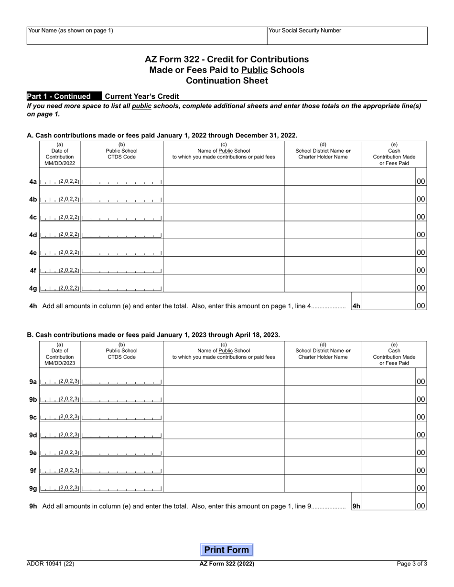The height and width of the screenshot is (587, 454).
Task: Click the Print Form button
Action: [227, 550]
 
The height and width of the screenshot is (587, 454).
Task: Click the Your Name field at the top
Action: [147, 36]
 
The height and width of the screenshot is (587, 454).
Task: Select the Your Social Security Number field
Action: [347, 36]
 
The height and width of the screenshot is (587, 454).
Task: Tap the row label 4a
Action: [33, 182]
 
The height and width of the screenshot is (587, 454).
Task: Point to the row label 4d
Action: [33, 235]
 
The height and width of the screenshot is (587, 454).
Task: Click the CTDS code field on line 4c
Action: [122, 217]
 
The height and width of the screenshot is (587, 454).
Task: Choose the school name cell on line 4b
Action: [224, 195]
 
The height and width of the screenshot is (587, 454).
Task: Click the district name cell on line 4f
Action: [323, 266]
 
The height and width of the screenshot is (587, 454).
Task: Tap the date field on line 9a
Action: [60, 382]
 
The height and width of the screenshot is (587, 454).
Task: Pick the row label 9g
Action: [33, 488]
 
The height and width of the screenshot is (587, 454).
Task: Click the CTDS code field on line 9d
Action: [122, 435]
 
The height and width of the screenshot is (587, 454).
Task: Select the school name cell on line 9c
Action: [224, 413]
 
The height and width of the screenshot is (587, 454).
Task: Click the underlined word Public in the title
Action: [255, 70]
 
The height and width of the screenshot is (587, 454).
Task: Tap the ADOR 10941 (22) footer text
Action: [51, 564]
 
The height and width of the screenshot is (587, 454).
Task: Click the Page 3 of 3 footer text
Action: [412, 564]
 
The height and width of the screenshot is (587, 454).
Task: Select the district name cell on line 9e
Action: [323, 448]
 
